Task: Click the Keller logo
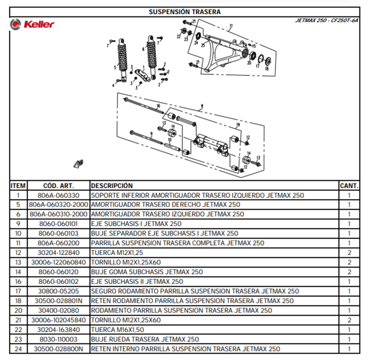click(32, 24)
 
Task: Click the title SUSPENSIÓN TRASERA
click(185, 12)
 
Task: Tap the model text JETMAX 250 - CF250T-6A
click(327, 20)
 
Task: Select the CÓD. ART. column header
click(58, 186)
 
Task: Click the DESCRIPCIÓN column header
click(112, 186)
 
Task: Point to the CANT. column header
click(349, 186)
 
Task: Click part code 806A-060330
click(58, 195)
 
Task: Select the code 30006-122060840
click(58, 262)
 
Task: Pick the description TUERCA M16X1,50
click(118, 330)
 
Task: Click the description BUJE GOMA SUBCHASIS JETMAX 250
click(147, 272)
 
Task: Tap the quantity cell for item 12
click(349, 253)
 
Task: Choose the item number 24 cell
click(18, 349)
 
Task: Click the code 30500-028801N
click(58, 301)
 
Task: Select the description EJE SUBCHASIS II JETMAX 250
click(137, 281)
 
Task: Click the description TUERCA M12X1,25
click(117, 253)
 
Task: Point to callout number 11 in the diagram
click(231, 26)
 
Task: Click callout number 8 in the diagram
click(202, 106)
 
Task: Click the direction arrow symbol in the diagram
click(78, 163)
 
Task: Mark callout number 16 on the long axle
click(158, 106)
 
